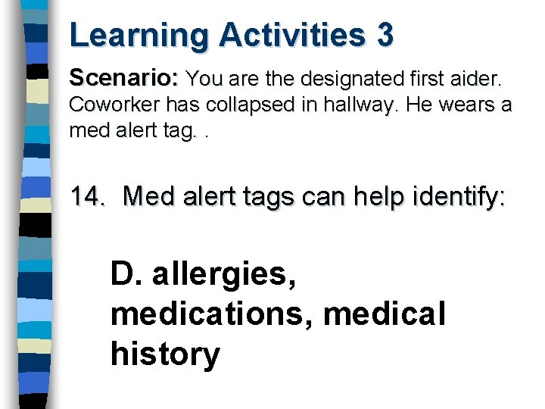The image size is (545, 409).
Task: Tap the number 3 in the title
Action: click(x=384, y=36)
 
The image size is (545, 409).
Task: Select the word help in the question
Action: click(x=367, y=197)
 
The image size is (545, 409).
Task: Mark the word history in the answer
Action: click(x=165, y=354)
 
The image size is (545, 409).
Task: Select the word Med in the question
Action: click(x=147, y=197)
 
